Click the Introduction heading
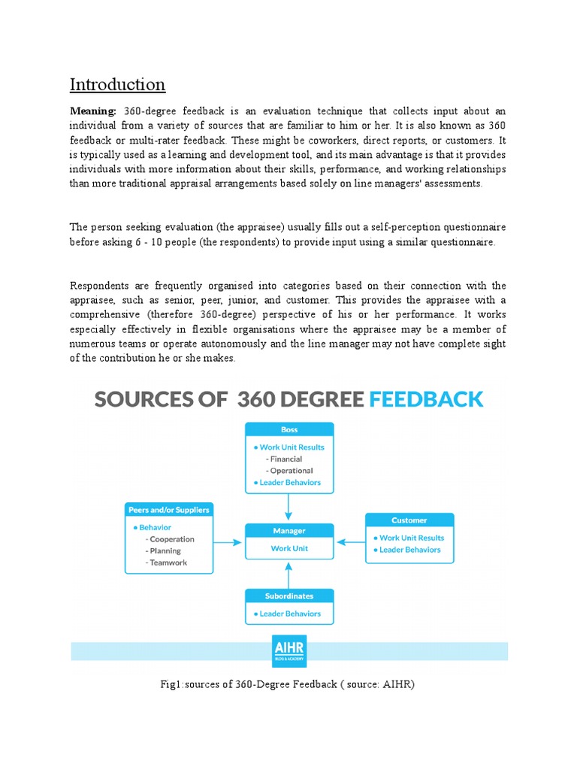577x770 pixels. (x=117, y=84)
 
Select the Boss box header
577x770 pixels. (x=289, y=429)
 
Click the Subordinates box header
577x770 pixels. (x=289, y=596)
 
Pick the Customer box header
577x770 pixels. (x=409, y=520)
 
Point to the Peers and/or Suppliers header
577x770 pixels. (x=168, y=509)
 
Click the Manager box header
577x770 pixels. (x=289, y=531)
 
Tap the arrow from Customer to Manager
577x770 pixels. (x=349, y=541)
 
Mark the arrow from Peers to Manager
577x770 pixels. (x=229, y=541)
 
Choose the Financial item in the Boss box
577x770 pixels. (x=286, y=459)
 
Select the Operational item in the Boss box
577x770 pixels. (x=292, y=471)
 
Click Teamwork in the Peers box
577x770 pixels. (x=168, y=562)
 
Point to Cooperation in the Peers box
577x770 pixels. (x=171, y=539)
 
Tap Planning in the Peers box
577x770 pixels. (x=165, y=551)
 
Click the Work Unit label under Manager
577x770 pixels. (x=289, y=548)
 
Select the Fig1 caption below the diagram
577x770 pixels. (x=288, y=684)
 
